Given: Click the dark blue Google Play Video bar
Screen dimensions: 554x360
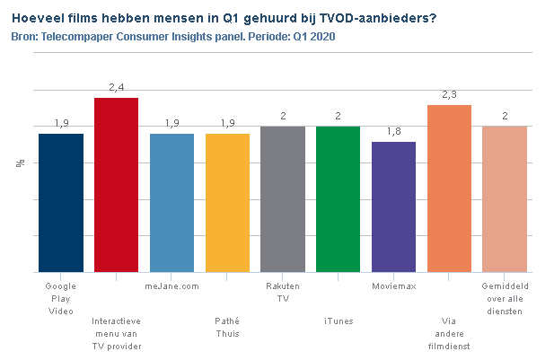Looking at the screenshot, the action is point(61,203).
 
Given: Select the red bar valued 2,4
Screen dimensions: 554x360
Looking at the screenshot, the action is point(116,185).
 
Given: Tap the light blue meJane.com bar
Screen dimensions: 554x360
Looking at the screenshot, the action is point(172,203).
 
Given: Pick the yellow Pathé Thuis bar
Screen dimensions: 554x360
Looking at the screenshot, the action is point(227,203).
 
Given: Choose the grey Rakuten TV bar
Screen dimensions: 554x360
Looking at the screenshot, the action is point(283,199).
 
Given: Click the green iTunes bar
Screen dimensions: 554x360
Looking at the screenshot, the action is point(339,199).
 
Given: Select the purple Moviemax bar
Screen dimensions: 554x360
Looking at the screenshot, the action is point(393,207).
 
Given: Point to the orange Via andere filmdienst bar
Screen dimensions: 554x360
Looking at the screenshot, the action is point(450,189).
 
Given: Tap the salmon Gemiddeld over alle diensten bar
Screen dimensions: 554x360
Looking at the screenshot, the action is point(505,199).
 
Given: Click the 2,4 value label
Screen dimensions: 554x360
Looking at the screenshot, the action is point(117,87).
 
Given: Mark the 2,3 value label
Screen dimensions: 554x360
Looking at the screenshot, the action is point(450,94).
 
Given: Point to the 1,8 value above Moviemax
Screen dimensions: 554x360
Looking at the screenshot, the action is point(394,131).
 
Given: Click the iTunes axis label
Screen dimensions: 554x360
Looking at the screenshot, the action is point(339,321).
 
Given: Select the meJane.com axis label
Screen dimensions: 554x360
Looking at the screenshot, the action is point(172,286).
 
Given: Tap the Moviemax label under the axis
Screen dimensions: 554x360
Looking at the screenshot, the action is point(394,286).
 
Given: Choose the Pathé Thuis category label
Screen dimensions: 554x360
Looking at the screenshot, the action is point(227,327).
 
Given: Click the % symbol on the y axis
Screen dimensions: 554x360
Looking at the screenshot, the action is point(21,162).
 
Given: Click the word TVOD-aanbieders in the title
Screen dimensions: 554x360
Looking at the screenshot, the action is point(378,18).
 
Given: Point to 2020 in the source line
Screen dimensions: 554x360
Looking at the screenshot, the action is point(322,37).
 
